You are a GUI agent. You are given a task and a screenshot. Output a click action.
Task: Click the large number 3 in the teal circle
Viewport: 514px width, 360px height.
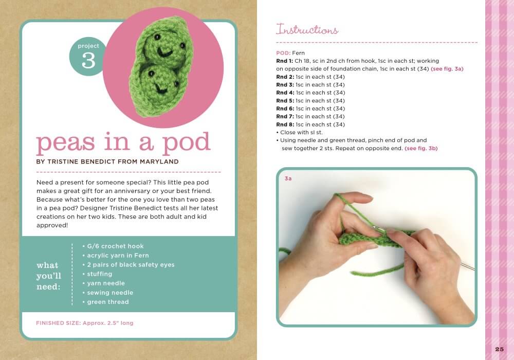88,61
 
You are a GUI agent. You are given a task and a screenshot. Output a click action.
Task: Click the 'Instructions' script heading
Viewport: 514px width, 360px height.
307,29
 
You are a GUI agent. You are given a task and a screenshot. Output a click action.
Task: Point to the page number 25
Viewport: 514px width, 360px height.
499,349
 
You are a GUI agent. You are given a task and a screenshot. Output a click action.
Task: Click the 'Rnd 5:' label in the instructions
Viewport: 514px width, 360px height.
285,101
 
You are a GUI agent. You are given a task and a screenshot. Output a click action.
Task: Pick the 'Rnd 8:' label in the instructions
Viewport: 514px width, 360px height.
285,124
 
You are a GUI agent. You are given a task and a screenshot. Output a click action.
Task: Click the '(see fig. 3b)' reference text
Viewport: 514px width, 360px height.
421,148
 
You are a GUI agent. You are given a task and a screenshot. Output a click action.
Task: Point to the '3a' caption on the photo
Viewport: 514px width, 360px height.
288,179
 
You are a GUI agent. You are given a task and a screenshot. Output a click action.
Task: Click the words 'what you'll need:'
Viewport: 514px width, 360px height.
49,276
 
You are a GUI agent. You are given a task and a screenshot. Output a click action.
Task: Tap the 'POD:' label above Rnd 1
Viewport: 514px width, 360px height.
283,53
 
